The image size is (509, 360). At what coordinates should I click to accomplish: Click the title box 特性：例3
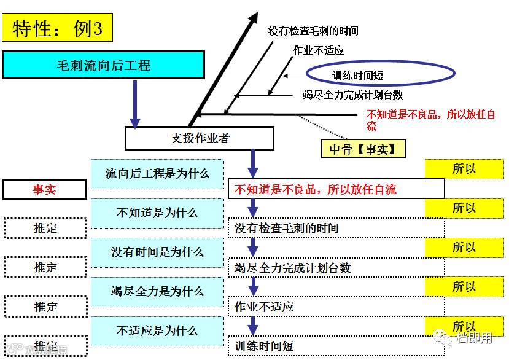[57, 28]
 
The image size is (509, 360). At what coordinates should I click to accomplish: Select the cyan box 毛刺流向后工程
[103, 65]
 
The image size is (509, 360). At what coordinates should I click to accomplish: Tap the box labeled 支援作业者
[199, 138]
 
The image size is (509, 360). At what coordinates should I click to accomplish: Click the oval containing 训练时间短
[381, 74]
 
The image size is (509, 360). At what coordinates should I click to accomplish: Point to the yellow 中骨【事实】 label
[363, 149]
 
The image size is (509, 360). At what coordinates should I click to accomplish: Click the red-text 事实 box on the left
[44, 190]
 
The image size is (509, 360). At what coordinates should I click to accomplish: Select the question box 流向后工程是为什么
[157, 174]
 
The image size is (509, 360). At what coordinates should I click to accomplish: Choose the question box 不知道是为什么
[157, 213]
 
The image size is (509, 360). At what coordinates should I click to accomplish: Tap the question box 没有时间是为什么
[157, 252]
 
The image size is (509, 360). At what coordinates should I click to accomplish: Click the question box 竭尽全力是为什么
[157, 292]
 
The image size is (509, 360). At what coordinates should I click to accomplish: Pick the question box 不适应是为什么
[157, 331]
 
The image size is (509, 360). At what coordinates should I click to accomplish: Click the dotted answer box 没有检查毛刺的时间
[336, 228]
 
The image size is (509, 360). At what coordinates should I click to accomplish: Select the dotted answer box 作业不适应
[336, 306]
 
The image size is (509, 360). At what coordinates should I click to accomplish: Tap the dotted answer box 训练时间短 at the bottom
[336, 345]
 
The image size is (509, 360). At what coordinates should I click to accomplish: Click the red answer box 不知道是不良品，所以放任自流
[336, 189]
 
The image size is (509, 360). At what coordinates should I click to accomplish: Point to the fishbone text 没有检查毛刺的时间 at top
[313, 31]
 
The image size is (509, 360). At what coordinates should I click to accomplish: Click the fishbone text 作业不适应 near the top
[318, 50]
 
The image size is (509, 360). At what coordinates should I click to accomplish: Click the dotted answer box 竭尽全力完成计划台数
[336, 267]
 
